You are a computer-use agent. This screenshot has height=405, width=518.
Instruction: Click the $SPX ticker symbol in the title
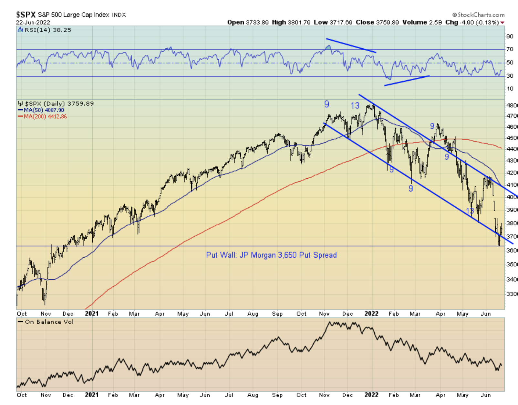point(26,15)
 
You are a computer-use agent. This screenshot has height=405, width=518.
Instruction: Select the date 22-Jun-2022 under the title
point(33,22)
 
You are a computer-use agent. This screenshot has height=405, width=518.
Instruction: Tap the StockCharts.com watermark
point(479,15)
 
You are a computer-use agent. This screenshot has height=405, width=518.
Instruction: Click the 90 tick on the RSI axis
point(510,36)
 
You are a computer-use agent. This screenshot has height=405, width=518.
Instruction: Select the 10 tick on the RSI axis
point(510,89)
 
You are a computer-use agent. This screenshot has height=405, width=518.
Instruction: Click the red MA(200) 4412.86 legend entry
point(45,116)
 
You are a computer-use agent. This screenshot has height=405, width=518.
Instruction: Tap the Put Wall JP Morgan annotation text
point(271,255)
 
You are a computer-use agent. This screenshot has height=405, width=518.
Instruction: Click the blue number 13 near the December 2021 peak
point(355,105)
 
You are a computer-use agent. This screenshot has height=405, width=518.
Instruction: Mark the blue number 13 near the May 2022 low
point(470,211)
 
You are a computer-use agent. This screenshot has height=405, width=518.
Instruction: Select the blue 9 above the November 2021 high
point(326,104)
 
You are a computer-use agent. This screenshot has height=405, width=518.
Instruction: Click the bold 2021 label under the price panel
point(91,313)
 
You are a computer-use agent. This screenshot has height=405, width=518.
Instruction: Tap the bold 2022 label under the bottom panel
point(371,395)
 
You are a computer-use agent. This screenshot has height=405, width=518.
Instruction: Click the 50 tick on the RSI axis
point(510,63)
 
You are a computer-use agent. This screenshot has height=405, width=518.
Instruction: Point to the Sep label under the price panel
point(277,314)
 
